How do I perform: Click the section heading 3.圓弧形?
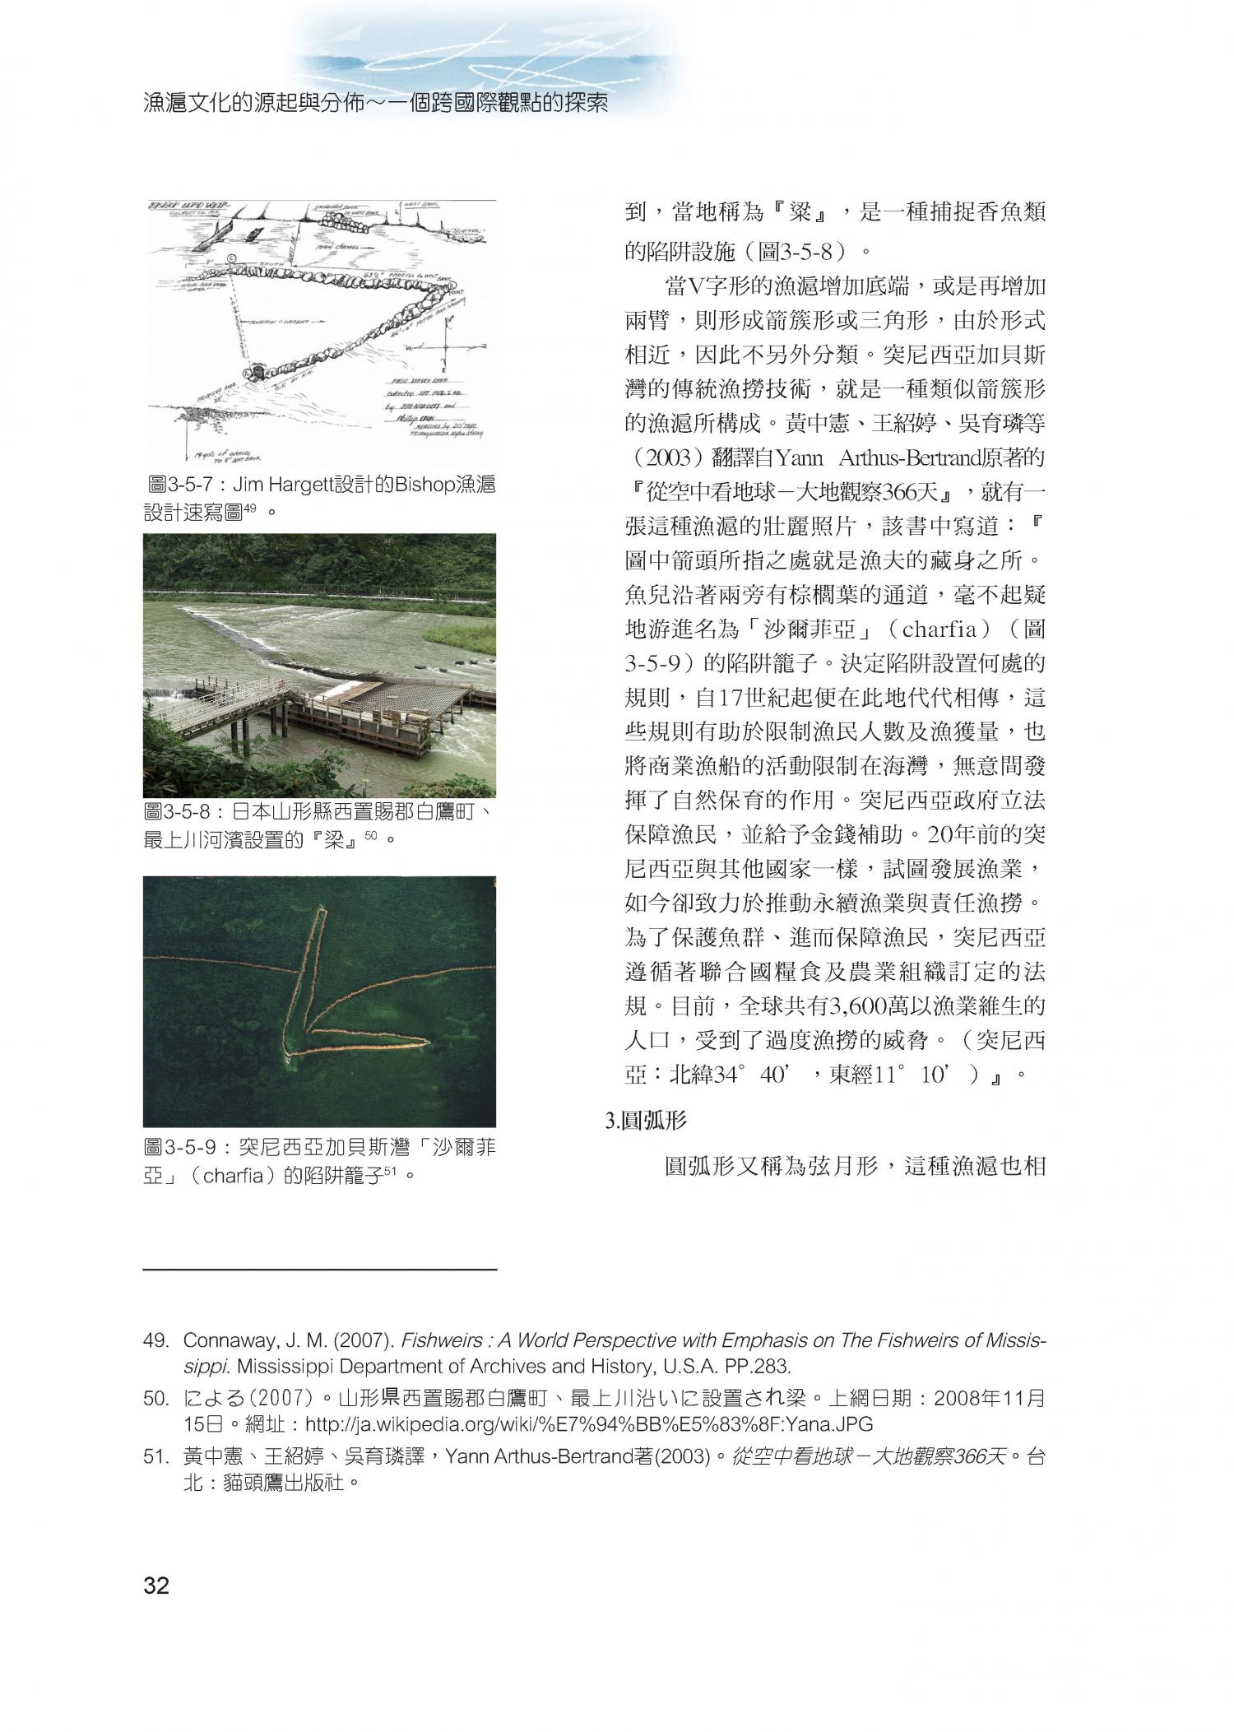646,1120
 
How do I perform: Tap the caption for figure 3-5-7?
319,498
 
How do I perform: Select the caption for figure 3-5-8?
319,826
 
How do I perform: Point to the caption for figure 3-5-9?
319,1160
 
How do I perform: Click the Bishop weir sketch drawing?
319,329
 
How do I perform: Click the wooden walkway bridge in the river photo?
222,708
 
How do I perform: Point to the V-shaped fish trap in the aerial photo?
329,1004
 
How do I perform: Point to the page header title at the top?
375,105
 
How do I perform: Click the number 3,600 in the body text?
863,1006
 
